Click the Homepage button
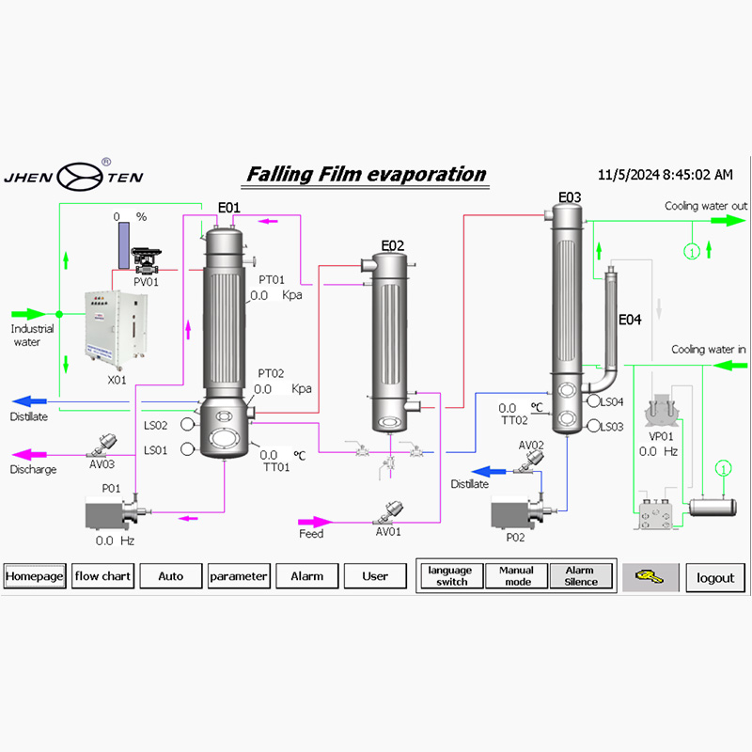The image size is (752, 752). click(35, 576)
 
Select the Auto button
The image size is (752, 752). click(170, 576)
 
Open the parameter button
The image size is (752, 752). click(239, 576)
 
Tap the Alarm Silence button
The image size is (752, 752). click(580, 576)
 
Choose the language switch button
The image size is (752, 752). click(449, 576)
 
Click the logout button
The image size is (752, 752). click(715, 577)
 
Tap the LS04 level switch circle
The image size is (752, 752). click(592, 401)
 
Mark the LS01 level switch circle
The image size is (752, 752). click(187, 449)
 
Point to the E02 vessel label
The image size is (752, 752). click(392, 246)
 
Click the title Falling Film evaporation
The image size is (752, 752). click(367, 174)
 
